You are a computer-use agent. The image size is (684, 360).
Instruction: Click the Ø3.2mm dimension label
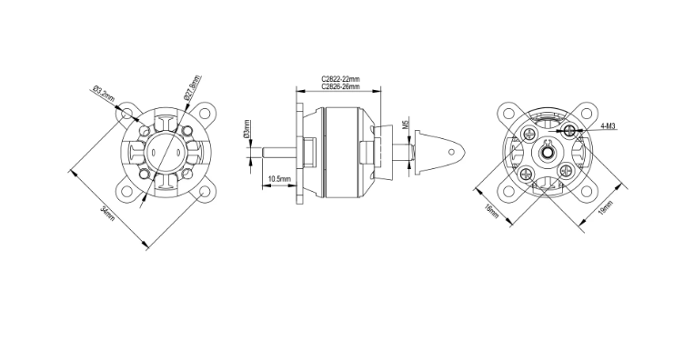coord(104,95)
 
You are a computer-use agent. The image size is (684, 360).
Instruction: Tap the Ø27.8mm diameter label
coord(193,88)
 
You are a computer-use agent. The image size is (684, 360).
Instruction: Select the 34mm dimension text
coord(107,214)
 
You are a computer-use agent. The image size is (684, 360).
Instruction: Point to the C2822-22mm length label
coord(341,79)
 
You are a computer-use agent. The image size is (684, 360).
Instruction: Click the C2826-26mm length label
coord(341,86)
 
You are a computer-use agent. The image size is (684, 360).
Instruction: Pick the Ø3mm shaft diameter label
coord(247,129)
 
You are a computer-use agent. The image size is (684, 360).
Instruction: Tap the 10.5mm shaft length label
coord(279,179)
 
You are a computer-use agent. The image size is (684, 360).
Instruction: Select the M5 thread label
coord(405,125)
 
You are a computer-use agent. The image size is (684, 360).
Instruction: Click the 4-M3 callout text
coord(608,126)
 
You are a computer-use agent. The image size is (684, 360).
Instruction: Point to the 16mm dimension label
coord(491,211)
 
